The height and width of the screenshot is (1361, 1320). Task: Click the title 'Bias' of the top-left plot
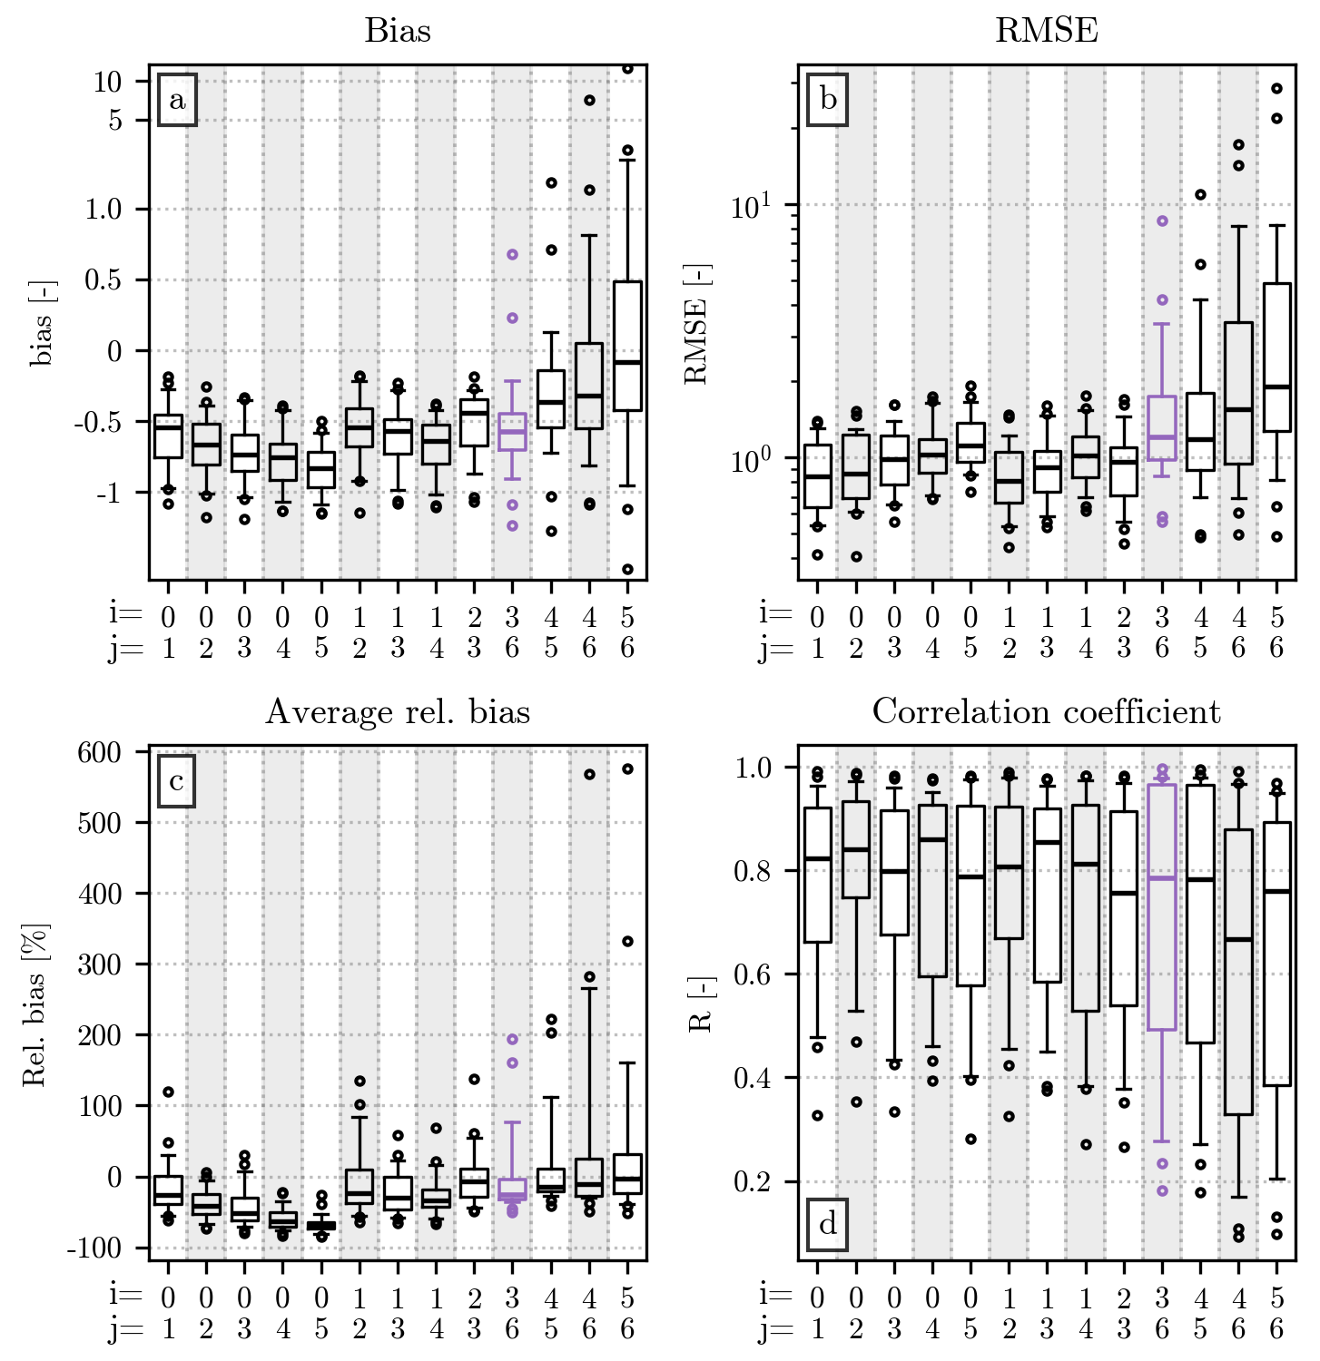click(398, 31)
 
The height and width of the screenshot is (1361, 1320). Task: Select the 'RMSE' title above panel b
click(1046, 31)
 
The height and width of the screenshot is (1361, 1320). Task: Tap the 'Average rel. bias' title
click(398, 712)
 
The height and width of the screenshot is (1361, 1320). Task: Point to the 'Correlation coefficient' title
click(1046, 712)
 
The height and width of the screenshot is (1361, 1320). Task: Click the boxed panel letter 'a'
click(177, 101)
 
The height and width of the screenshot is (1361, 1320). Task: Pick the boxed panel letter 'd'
click(827, 1225)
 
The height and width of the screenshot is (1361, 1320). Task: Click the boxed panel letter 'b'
click(827, 100)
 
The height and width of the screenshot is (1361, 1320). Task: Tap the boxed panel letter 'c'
click(177, 781)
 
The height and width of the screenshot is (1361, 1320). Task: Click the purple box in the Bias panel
click(512, 432)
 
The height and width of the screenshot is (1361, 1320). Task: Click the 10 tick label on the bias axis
click(108, 82)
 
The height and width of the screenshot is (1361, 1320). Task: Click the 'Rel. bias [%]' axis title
click(34, 1005)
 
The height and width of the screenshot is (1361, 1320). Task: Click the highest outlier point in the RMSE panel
click(1276, 88)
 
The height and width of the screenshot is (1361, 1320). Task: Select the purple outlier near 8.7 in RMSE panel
click(1162, 220)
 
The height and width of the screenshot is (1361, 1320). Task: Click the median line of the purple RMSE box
click(1162, 437)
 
